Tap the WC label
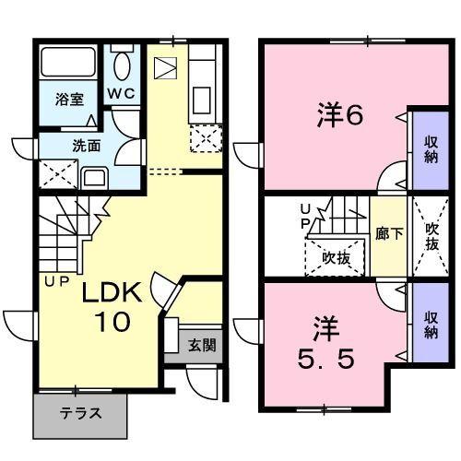point(120,93)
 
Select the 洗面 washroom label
point(88,145)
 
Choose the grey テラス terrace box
point(80,414)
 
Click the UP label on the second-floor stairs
point(305,219)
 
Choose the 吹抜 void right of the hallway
point(431,237)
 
